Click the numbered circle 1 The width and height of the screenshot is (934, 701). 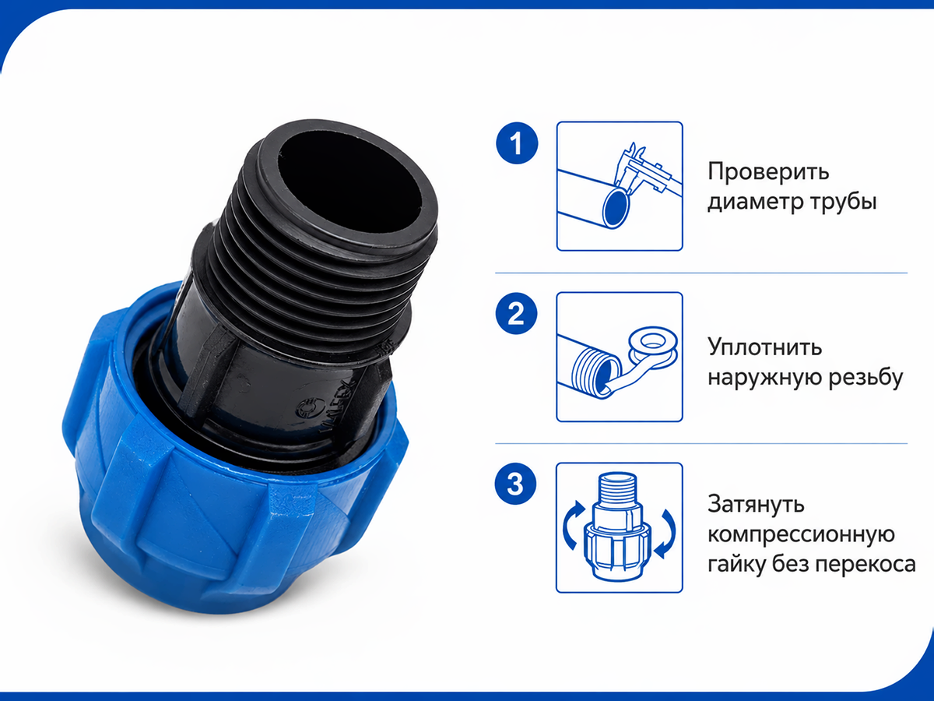517,143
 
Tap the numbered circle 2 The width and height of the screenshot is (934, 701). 516,314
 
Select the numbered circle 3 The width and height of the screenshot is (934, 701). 515,484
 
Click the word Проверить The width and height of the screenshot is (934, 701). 768,172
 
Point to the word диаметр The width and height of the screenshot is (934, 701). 755,202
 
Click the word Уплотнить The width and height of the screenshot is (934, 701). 764,347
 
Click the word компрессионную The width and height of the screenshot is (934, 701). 801,534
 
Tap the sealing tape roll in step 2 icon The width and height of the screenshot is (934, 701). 653,347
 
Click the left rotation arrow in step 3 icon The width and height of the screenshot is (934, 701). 571,524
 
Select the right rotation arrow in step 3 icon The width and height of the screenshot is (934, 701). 668,532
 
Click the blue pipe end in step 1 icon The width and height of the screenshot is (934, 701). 616,208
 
